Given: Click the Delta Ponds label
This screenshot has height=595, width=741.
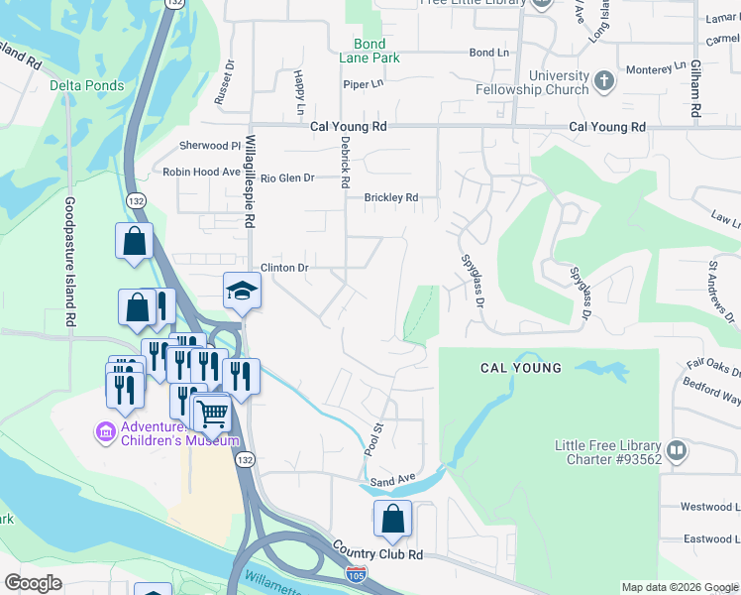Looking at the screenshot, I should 88,85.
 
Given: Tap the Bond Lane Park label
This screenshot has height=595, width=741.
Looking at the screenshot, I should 370,52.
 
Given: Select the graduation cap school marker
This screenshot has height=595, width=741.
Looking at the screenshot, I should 241,291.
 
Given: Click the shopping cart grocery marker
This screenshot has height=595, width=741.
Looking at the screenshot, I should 212,413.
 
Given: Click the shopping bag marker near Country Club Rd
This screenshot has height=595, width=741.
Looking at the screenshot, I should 392,519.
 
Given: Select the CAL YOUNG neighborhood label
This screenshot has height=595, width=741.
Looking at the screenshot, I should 521,368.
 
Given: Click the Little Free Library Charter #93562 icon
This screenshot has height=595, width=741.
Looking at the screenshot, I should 678,451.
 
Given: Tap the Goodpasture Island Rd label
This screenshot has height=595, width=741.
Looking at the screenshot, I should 70,263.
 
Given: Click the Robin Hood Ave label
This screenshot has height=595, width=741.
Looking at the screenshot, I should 202,172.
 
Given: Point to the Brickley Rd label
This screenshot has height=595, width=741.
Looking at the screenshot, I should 391,197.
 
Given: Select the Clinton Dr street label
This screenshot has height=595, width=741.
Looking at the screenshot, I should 285,268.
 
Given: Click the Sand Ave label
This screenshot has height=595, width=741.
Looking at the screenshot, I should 392,480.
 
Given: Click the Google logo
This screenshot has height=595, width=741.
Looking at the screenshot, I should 34,582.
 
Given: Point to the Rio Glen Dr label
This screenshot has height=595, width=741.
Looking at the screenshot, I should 287,178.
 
